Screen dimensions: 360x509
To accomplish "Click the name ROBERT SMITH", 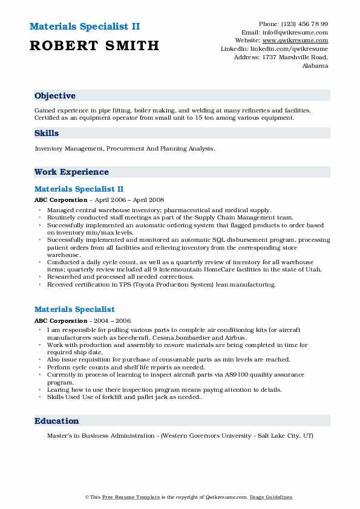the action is point(94,45).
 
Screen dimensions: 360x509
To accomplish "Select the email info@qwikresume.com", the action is point(293,33).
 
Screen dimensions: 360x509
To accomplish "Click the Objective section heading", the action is point(55,96).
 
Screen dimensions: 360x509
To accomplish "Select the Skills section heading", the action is point(47,133).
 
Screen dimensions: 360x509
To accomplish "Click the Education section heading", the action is point(57,421).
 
